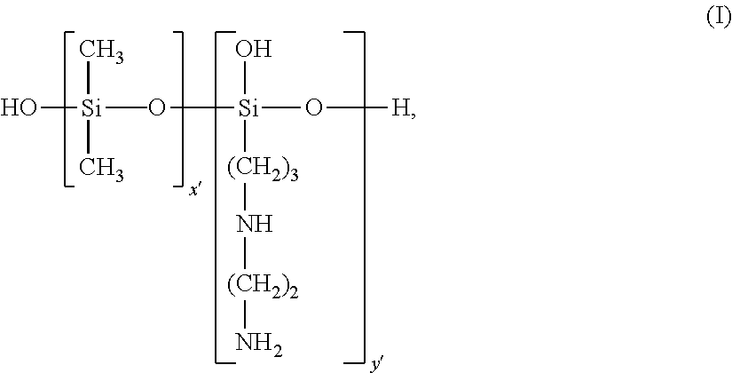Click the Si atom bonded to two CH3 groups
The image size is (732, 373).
click(91, 109)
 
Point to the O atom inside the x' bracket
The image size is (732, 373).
click(157, 109)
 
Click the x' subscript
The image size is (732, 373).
click(194, 190)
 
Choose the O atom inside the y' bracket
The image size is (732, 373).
click(313, 109)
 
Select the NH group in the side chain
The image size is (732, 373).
click(255, 223)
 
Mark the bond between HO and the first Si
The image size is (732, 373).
click(56, 109)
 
